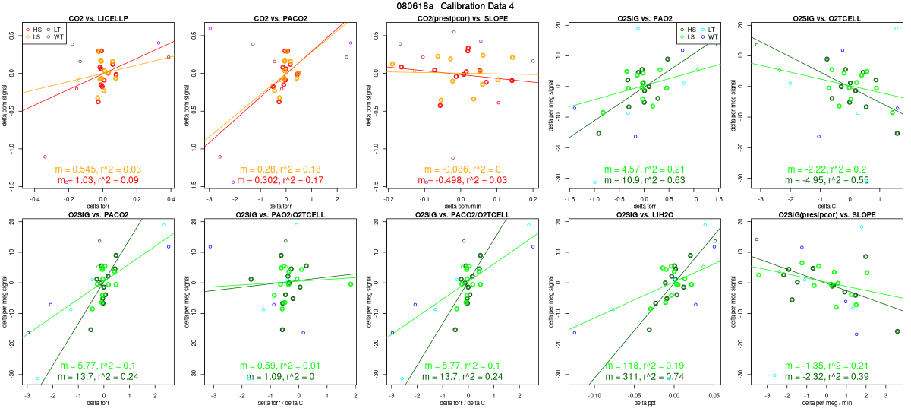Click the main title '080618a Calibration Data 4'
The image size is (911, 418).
pyautogui.click(x=455, y=6)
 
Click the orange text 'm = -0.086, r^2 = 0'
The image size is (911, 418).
pyautogui.click(x=461, y=169)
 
